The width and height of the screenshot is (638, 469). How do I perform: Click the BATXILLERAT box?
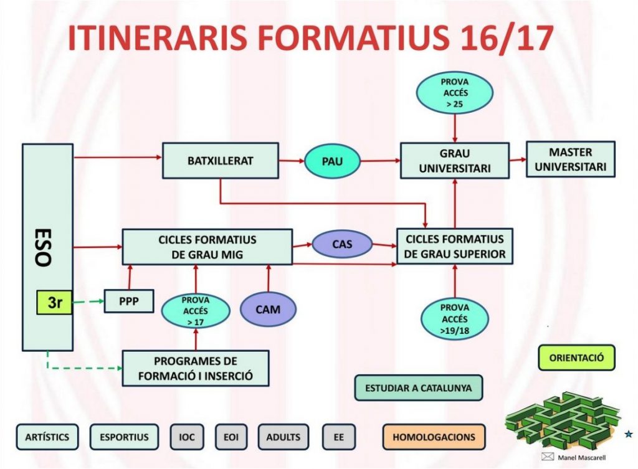pos(220,161)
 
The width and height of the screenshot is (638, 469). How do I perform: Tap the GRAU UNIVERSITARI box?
pos(455,161)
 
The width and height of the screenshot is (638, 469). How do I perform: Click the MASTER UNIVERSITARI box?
pos(571,159)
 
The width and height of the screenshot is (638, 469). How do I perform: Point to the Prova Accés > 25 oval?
pos(454,93)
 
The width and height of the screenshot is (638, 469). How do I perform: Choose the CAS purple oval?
pos(342,244)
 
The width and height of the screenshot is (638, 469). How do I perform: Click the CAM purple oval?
pos(269,309)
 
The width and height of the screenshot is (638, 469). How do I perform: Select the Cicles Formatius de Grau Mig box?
pos(207,247)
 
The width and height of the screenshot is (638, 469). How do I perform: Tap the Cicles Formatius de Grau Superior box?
pos(455,247)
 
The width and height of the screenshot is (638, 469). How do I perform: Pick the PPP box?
pos(128,303)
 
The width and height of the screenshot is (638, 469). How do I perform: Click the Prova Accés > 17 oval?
pos(196,311)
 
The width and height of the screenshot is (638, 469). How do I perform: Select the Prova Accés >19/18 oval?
pos(454,319)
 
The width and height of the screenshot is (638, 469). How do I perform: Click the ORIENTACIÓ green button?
pos(576,358)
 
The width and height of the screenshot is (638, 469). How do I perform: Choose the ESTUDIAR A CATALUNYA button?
pos(419,388)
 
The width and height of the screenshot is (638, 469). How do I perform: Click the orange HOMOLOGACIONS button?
pos(434,437)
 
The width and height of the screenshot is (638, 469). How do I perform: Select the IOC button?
pos(187,437)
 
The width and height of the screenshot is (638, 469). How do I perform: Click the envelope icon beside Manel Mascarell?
pos(548,457)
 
